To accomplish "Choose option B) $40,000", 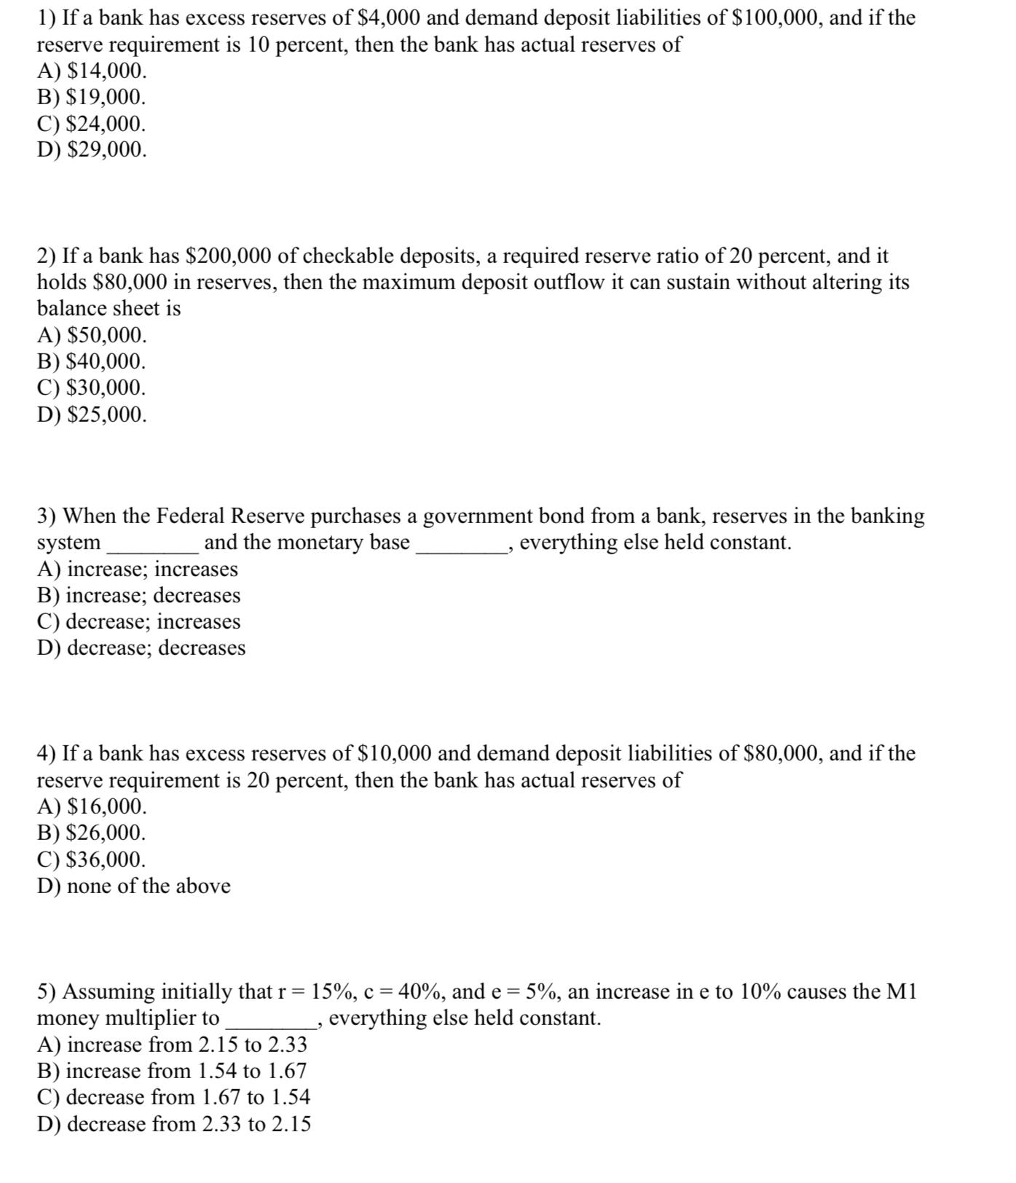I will click(92, 361).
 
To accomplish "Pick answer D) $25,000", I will click(92, 414).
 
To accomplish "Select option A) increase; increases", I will click(138, 569).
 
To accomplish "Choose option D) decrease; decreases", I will click(141, 648).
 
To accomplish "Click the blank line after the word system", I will click(152, 545).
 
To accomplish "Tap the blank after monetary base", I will click(461, 545).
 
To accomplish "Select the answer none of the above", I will click(134, 886).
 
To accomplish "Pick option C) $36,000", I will click(92, 860).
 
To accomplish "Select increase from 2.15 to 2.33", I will click(172, 1045).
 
